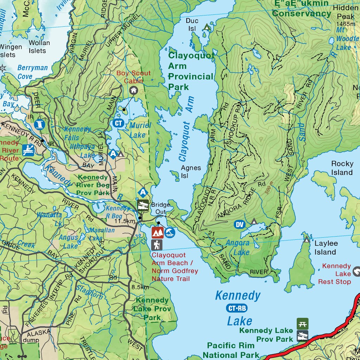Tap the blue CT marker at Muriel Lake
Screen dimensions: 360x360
tap(118, 123)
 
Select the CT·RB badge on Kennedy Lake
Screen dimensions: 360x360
tap(237, 309)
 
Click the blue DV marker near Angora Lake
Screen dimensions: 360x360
tap(239, 225)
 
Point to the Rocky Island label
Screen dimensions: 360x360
tap(342, 168)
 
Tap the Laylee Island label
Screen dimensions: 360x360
tap(325, 247)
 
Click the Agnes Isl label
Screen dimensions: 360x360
tap(191, 172)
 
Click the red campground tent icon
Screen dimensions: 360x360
tap(157, 232)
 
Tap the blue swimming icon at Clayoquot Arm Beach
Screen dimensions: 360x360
tap(170, 232)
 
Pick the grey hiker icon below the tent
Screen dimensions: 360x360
tap(157, 245)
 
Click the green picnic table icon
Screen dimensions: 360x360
tap(302, 323)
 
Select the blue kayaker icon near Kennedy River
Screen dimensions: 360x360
tap(28, 150)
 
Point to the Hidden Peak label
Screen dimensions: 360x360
tap(346, 12)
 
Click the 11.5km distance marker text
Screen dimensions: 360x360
tap(125, 221)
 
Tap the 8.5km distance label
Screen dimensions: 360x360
tap(140, 287)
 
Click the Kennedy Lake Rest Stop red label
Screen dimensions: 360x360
tap(334, 274)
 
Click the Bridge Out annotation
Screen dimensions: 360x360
tap(160, 208)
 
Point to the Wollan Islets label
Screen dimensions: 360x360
tap(39, 47)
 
